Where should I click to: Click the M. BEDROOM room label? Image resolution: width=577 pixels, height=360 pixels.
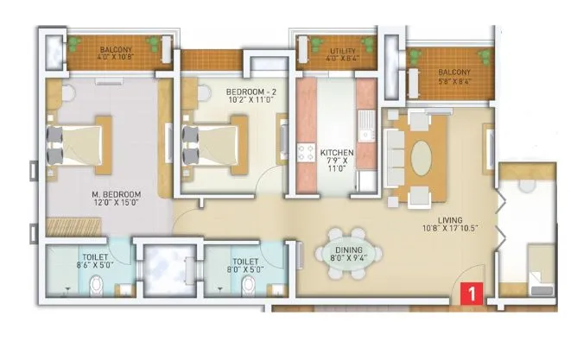tap(116, 196)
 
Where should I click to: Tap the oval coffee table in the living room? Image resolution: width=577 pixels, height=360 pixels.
tap(423, 159)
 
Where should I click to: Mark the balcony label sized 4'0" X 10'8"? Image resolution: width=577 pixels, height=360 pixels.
tap(115, 56)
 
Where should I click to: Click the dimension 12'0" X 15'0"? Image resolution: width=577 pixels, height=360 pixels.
tap(116, 205)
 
